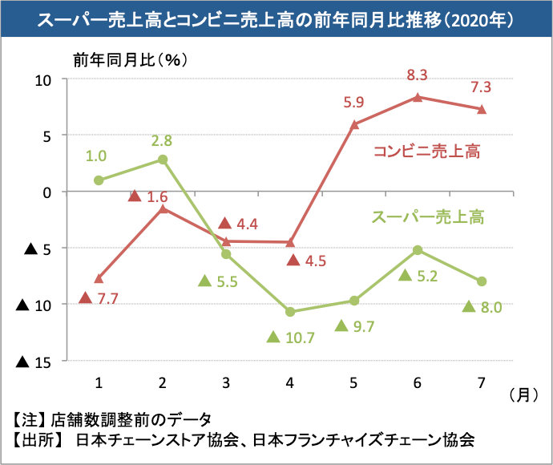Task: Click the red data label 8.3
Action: click(x=417, y=76)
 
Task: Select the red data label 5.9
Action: click(x=353, y=102)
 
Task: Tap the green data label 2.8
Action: click(x=162, y=141)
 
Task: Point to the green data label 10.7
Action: click(x=300, y=338)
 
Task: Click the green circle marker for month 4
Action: click(x=290, y=311)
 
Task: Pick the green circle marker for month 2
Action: click(x=163, y=160)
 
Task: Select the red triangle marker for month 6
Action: click(x=418, y=97)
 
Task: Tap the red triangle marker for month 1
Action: click(x=99, y=279)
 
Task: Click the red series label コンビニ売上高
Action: click(x=426, y=152)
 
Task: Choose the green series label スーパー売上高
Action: click(x=430, y=216)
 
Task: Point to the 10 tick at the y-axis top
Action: click(x=42, y=79)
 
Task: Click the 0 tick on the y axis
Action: click(x=47, y=192)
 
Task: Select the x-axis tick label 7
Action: click(x=482, y=382)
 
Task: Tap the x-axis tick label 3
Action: click(x=226, y=382)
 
